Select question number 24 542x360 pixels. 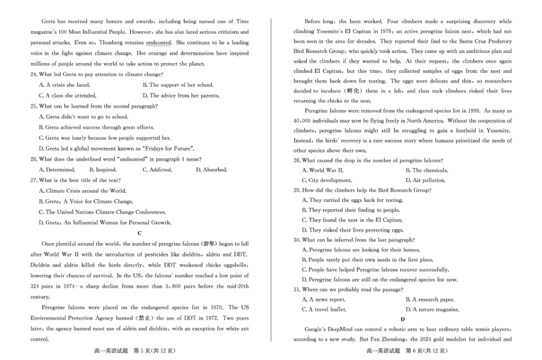click(x=34, y=75)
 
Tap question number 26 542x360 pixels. click(x=34, y=159)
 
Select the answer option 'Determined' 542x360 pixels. click(x=57, y=170)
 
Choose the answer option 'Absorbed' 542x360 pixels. click(x=211, y=170)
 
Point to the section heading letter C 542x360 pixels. click(x=140, y=233)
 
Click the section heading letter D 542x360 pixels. click(x=403, y=319)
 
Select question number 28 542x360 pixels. click(x=297, y=160)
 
